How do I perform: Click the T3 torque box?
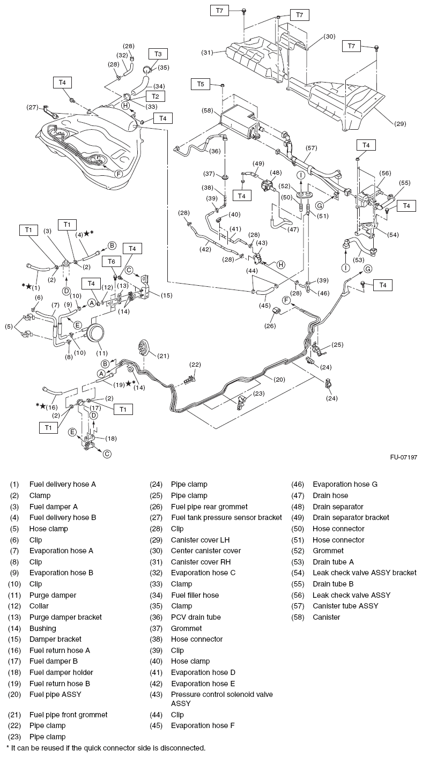158,54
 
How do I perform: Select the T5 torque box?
201,84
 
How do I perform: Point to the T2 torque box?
155,96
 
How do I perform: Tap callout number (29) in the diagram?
400,124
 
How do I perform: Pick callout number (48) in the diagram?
276,173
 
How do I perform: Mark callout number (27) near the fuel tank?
33,107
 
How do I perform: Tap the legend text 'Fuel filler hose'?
195,595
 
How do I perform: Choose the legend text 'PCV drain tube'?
196,617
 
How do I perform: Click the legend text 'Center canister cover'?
206,551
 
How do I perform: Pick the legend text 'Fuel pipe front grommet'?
68,715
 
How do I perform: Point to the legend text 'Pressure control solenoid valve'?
221,694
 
